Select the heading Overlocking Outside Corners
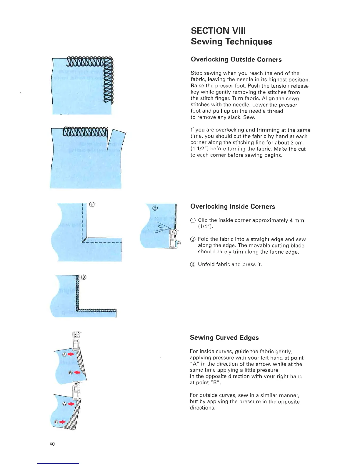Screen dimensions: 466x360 [x=236, y=59]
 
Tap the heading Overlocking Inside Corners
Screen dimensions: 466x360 [x=233, y=207]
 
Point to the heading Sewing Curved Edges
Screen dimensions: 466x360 [x=224, y=337]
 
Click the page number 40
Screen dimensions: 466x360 [x=52, y=444]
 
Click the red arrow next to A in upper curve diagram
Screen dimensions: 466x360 [x=71, y=355]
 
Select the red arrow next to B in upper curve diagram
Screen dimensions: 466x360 [x=77, y=372]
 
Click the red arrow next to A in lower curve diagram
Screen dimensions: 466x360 [x=71, y=404]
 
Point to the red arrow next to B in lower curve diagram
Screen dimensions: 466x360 [x=62, y=422]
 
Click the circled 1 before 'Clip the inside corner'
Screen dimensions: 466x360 [x=193, y=221]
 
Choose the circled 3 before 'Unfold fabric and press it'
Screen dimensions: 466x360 [x=193, y=264]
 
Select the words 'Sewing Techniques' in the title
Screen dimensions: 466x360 [x=231, y=42]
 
